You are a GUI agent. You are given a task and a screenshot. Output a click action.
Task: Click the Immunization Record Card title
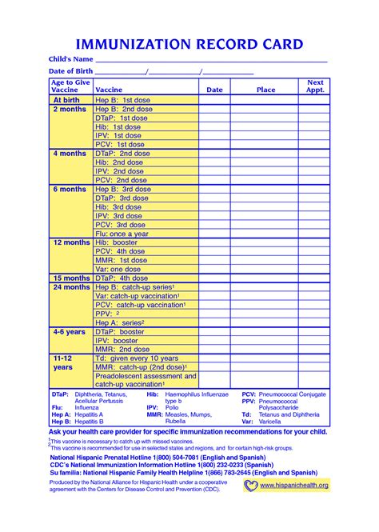[x=189, y=43]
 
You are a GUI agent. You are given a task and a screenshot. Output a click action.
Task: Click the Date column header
[x=214, y=90]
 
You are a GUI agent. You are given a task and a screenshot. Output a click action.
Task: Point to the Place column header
[x=265, y=90]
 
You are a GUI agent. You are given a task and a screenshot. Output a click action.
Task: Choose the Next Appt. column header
[x=315, y=86]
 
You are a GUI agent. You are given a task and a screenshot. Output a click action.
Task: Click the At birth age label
[x=67, y=100]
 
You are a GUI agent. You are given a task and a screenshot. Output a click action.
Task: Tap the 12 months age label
[x=71, y=242]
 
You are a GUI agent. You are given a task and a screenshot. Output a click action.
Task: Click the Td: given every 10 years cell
[x=137, y=358]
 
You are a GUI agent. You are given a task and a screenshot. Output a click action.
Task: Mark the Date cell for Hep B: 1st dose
[x=214, y=100]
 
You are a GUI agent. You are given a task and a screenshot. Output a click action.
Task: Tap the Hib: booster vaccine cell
[x=115, y=242]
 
